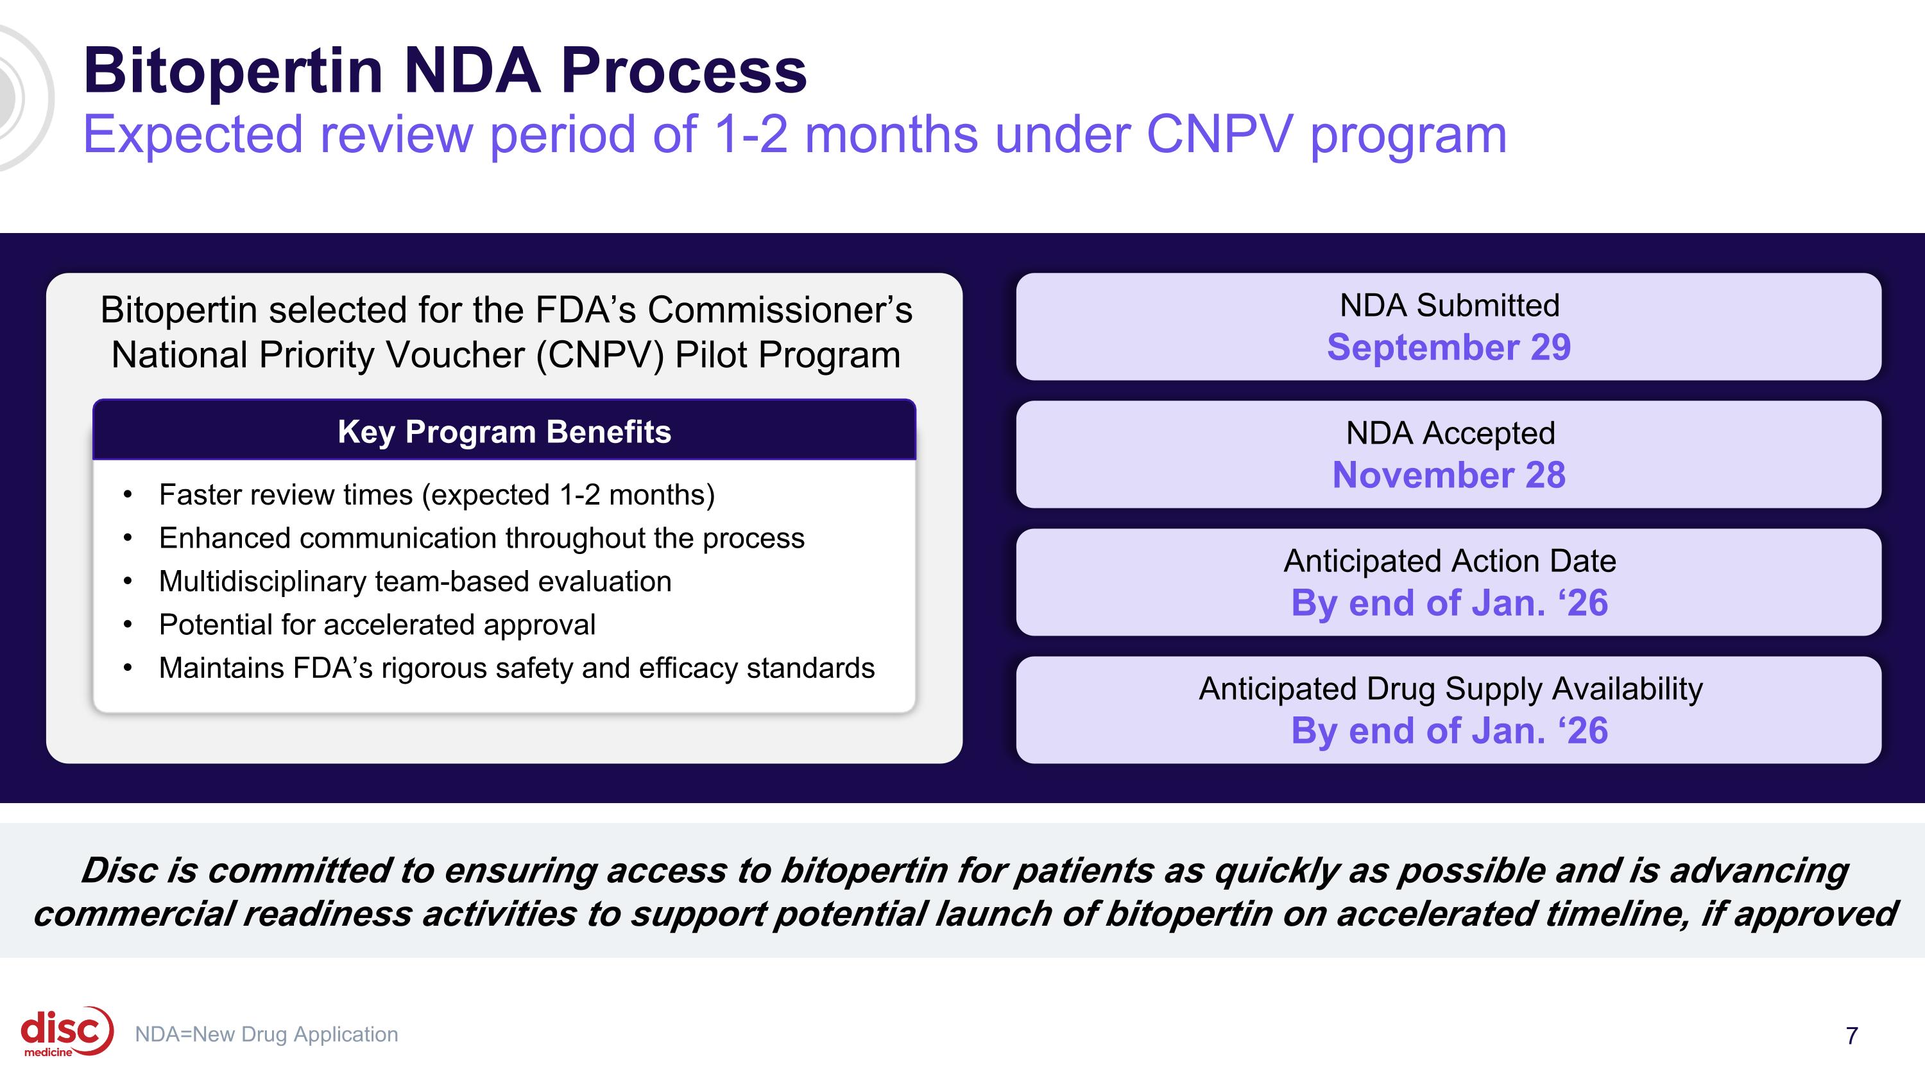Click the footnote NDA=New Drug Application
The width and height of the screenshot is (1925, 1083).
pyautogui.click(x=266, y=1034)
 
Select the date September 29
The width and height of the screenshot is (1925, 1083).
pyautogui.click(x=1448, y=347)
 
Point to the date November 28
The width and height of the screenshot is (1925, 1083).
pyautogui.click(x=1448, y=475)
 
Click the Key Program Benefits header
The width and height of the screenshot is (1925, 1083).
pyautogui.click(x=504, y=432)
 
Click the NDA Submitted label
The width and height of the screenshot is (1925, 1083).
pyautogui.click(x=1449, y=306)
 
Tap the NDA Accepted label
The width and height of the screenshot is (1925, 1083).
pyautogui.click(x=1450, y=433)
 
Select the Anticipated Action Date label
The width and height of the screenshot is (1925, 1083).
pyautogui.click(x=1449, y=561)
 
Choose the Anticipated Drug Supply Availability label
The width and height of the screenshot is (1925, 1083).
pyautogui.click(x=1450, y=689)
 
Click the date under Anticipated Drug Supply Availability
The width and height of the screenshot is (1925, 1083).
pyautogui.click(x=1449, y=731)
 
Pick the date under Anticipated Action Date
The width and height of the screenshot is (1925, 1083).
pyautogui.click(x=1449, y=603)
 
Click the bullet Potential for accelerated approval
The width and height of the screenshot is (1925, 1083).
pyautogui.click(x=377, y=625)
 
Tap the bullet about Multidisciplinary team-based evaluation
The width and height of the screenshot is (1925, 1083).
pyautogui.click(x=415, y=582)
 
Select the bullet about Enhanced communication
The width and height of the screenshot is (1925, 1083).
pyautogui.click(x=481, y=538)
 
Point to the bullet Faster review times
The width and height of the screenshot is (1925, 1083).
pyautogui.click(x=436, y=495)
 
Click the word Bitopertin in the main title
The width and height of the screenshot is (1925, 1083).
pyautogui.click(x=232, y=71)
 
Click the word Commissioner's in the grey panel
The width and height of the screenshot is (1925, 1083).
pyautogui.click(x=780, y=310)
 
